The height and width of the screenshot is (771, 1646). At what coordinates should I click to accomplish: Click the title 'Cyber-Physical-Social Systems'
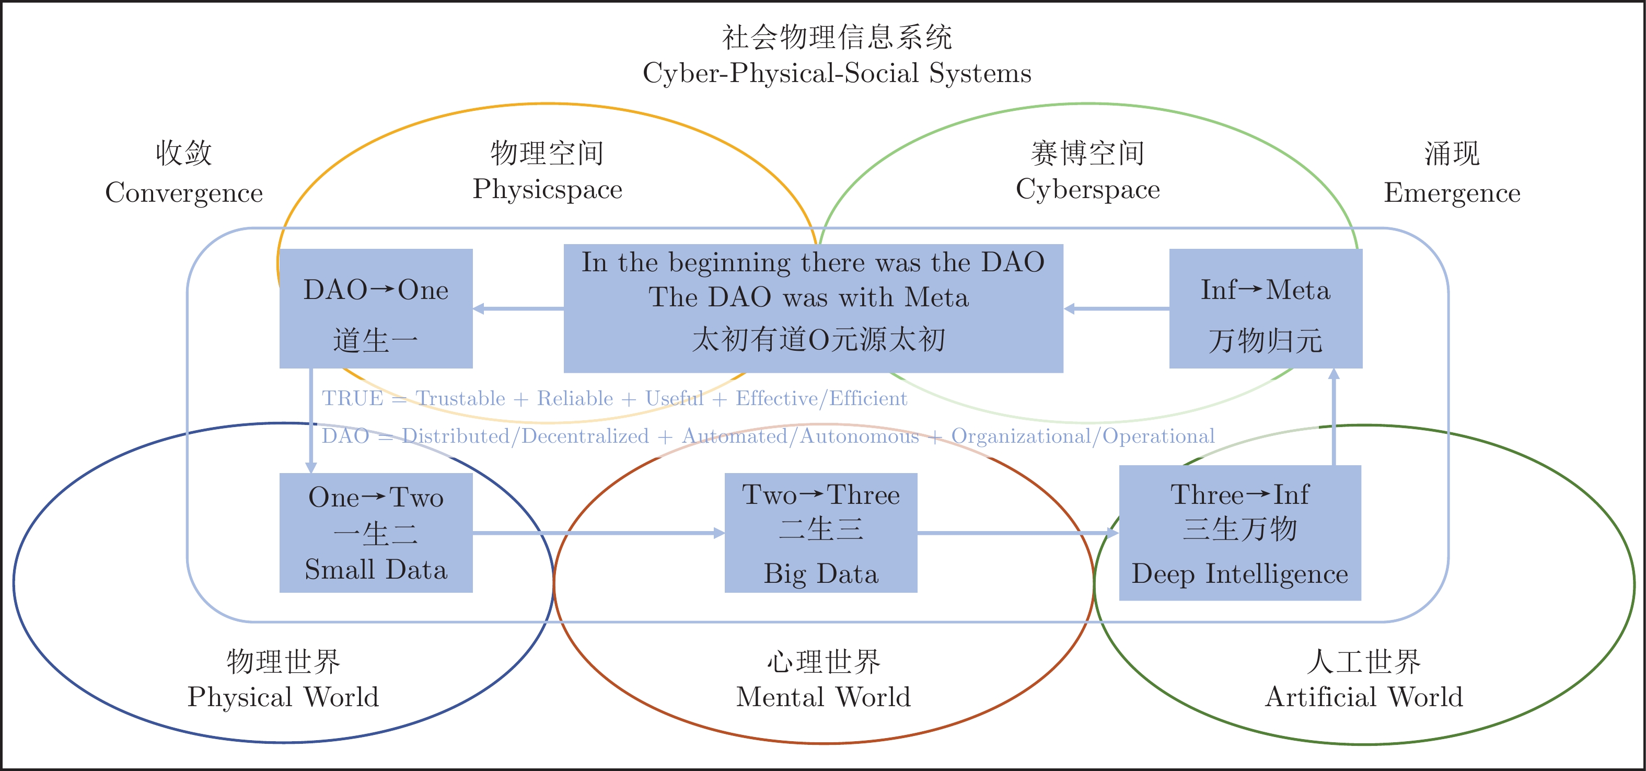click(837, 73)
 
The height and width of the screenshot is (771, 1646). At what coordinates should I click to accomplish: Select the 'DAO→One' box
click(376, 308)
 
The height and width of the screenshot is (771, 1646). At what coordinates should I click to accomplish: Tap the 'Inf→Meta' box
click(1265, 308)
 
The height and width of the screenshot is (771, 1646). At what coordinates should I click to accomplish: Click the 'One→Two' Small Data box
click(376, 533)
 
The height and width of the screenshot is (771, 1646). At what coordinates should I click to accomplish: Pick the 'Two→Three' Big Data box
click(820, 533)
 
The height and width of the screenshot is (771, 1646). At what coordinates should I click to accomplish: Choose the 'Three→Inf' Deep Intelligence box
click(1239, 533)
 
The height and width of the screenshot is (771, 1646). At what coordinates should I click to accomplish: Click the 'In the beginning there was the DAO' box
click(813, 308)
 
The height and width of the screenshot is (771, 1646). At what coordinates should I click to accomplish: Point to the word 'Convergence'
click(184, 192)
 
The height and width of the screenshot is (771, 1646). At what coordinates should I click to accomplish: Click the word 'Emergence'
click(1452, 192)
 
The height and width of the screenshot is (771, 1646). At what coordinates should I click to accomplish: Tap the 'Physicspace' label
click(548, 189)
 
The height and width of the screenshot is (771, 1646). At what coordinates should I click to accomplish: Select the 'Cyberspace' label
click(1087, 189)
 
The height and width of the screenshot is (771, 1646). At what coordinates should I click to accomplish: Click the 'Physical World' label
click(283, 696)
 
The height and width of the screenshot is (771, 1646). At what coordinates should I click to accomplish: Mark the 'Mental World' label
click(823, 696)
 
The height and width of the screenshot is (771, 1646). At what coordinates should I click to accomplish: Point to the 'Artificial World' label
click(1364, 696)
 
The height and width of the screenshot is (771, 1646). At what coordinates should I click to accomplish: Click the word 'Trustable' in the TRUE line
click(460, 398)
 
